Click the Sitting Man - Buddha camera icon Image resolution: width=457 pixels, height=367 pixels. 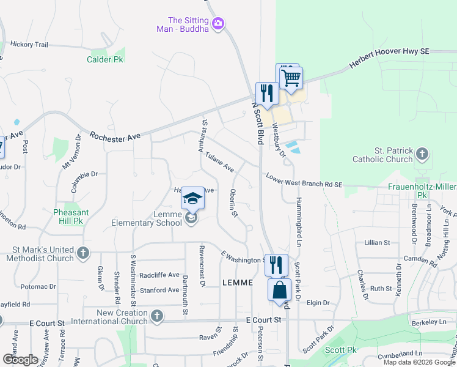pos(218,24)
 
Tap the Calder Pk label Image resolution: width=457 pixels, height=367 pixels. pos(105,59)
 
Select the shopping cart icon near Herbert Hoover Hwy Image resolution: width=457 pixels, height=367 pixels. pos(291,78)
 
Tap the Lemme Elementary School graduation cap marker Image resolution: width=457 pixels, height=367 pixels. pos(192,198)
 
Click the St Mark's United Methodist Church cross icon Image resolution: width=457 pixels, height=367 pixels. pos(83,252)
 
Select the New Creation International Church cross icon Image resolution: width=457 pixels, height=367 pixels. pos(156,316)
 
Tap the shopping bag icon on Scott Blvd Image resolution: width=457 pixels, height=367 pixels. pos(279,290)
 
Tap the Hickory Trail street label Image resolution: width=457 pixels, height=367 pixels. pos(29,44)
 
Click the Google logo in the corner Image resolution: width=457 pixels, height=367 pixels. pos(20,359)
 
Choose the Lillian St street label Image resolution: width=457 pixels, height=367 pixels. pos(376,243)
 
